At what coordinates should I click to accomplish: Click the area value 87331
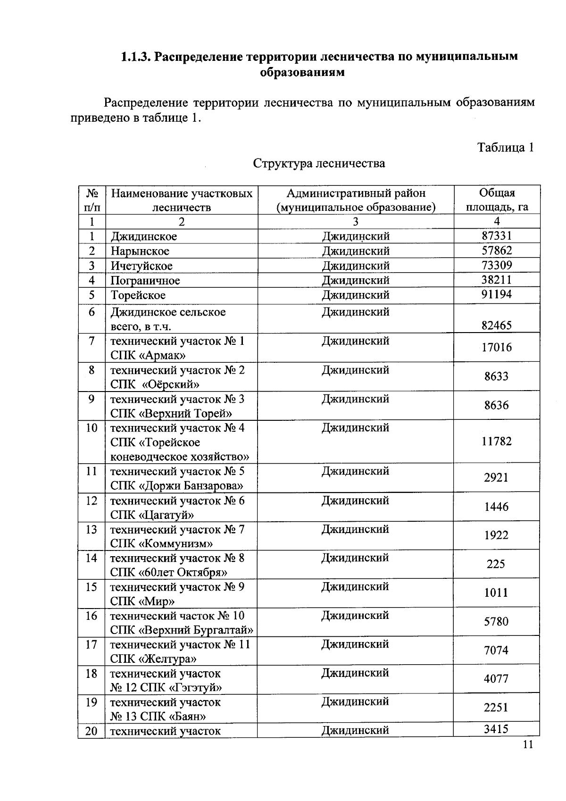pos(496,235)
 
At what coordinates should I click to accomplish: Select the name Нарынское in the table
pos(140,251)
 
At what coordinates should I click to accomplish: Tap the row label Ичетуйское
pos(141,266)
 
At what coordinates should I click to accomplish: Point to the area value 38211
pos(496,280)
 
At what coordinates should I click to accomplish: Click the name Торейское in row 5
pos(138,295)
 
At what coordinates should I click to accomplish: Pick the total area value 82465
pos(496,325)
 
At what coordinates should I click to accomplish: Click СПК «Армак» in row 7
pos(148,355)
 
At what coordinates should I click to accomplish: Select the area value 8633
pos(496,376)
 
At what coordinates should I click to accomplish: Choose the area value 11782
pos(496,442)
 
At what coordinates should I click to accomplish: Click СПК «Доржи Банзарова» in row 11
pos(177,486)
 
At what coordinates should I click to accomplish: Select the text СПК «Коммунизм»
pos(161,543)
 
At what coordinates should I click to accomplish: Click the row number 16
pos(92,616)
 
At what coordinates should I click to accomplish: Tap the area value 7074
pos(496,651)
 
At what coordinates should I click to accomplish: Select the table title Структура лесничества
pos(319,163)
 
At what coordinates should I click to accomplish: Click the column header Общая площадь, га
pos(497,200)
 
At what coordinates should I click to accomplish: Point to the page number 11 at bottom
pos(527,745)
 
